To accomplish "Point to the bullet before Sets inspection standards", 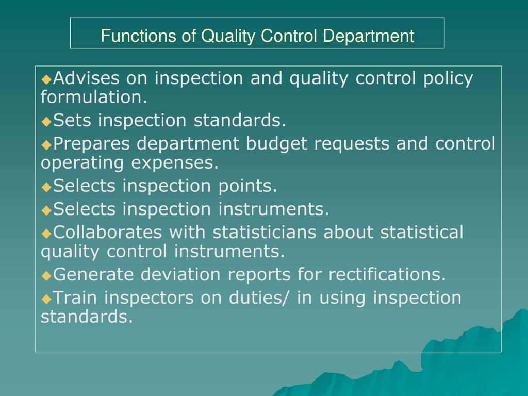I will (46, 122).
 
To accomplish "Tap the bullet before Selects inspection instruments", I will (46, 210).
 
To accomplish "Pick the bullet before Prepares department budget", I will (46, 145).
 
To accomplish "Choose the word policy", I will (448, 78).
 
